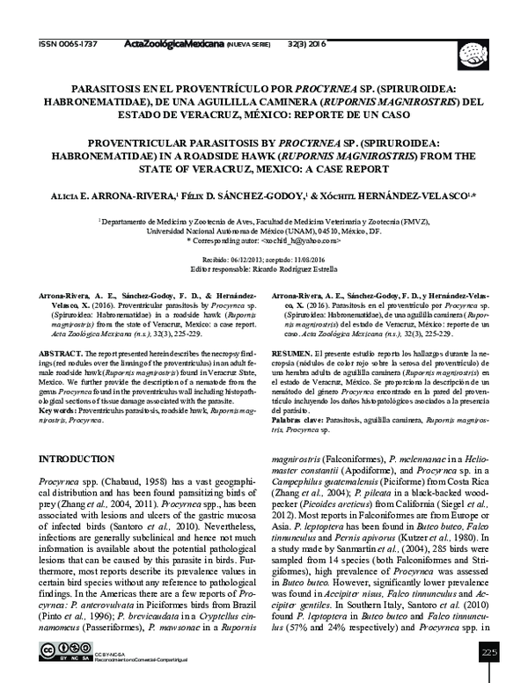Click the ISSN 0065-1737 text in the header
67,41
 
